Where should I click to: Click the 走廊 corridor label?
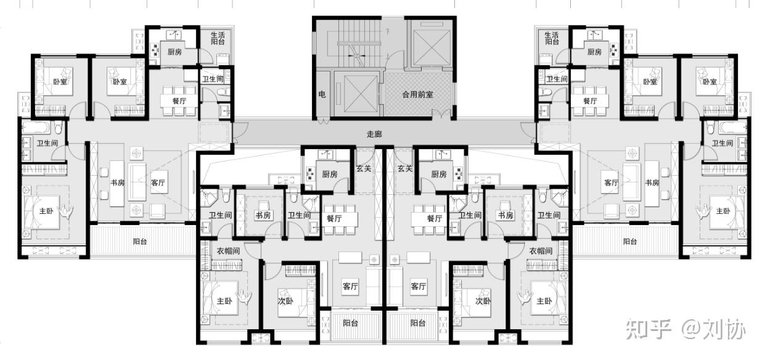click(374, 134)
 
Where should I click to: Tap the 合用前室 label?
click(417, 94)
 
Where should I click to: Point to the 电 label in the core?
click(322, 94)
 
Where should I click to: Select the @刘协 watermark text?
click(714, 329)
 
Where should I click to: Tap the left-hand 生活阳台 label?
click(218, 38)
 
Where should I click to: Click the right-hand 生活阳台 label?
click(552, 38)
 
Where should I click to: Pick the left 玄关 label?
click(364, 169)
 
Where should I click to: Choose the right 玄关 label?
click(405, 168)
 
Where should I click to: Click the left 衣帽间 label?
click(228, 251)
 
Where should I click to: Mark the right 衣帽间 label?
click(541, 251)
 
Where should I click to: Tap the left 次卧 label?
click(285, 301)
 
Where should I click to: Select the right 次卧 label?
click(483, 301)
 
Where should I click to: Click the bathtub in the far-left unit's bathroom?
click(36, 128)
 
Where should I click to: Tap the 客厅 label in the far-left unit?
click(158, 182)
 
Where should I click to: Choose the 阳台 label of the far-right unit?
click(630, 242)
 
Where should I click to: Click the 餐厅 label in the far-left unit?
click(179, 101)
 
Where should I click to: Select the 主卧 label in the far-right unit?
click(723, 211)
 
